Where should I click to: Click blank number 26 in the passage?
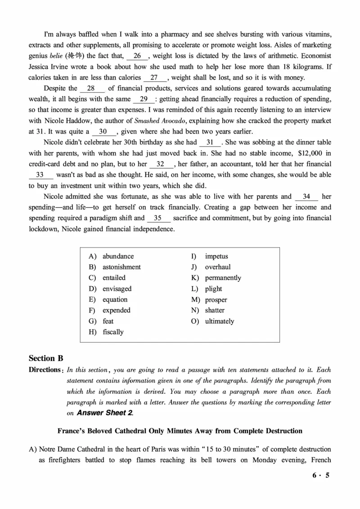click(x=137, y=56)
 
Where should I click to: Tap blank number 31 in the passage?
click(x=210, y=143)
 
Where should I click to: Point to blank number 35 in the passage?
click(x=159, y=218)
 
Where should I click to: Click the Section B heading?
click(x=46, y=358)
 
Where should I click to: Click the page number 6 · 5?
click(x=321, y=475)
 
